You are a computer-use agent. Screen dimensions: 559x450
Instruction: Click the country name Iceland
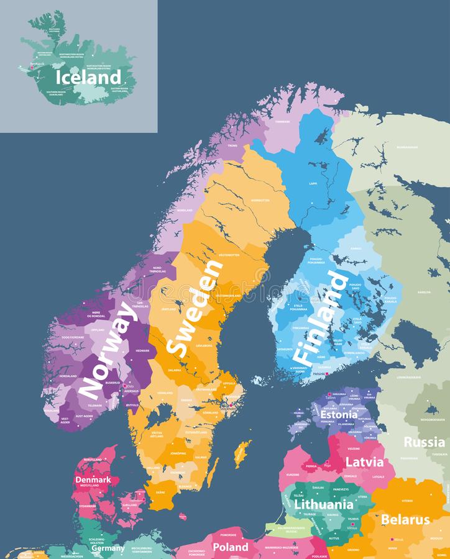tap(88, 77)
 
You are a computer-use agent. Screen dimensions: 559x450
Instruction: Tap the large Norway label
tap(108, 350)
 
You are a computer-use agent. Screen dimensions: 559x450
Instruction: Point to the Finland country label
tap(320, 317)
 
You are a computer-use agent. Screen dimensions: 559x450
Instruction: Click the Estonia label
tap(339, 414)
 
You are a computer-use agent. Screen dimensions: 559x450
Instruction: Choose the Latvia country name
tap(360, 462)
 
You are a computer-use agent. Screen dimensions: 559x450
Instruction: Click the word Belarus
tap(405, 519)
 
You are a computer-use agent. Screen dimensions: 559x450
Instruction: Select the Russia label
tap(424, 442)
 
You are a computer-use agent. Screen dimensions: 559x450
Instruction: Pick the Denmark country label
tap(93, 479)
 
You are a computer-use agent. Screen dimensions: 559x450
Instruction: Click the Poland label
tap(231, 547)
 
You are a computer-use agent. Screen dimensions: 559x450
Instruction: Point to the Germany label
tap(108, 548)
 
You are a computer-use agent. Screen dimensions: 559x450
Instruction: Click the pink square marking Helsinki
tap(327, 374)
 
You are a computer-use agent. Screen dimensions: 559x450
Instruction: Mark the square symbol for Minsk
tap(392, 539)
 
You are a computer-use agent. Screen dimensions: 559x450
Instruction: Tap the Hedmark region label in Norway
tap(142, 350)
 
